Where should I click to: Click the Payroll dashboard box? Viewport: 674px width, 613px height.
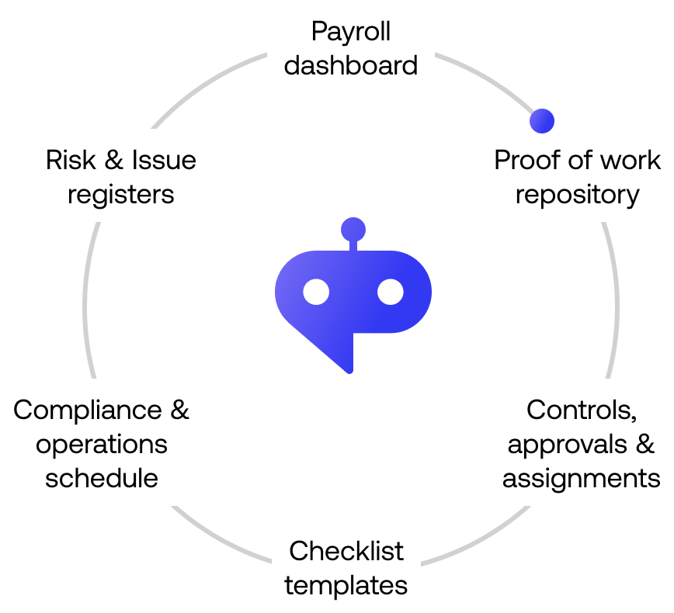point(350,47)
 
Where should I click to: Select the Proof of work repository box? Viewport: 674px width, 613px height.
point(577,176)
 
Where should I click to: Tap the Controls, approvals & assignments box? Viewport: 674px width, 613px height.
point(581,442)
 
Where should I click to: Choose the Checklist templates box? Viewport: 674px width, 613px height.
point(346,567)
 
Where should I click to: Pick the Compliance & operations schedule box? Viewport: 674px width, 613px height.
point(102,442)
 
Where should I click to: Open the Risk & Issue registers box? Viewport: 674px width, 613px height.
point(121,176)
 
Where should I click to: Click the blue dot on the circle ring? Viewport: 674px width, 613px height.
point(541,120)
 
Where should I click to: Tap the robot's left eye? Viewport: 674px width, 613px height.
point(316,293)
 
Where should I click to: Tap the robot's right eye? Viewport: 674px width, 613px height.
point(391,293)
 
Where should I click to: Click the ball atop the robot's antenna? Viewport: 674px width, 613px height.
point(353,229)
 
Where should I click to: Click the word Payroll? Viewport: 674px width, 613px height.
point(350,32)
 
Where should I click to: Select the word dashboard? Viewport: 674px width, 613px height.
point(350,64)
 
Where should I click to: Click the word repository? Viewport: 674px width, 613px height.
point(577,194)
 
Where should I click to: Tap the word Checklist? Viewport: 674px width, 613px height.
point(346,551)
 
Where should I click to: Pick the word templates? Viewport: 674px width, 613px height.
point(346,584)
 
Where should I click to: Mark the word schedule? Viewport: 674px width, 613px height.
point(102,476)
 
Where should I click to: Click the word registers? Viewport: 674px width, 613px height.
point(121,194)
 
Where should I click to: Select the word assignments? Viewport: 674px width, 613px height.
point(581,476)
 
